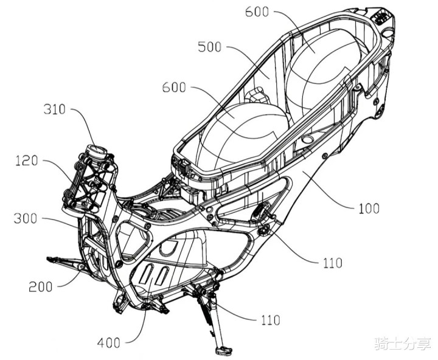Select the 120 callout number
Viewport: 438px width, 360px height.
pos(26,161)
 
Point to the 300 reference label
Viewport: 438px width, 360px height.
pos(26,218)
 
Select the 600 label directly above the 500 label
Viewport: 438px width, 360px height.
pos(257,11)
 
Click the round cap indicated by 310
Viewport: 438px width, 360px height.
pos(97,150)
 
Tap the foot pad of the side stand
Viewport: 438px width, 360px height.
pos(223,351)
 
